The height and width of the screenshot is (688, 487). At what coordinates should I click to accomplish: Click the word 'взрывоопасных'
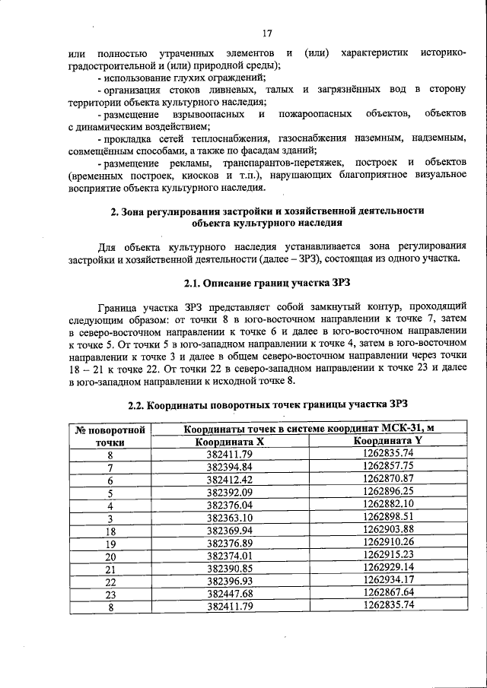tap(206, 113)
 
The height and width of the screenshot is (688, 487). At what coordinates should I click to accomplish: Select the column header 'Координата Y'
tap(387, 441)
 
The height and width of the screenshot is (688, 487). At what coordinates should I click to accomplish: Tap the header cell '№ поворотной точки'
tap(110, 435)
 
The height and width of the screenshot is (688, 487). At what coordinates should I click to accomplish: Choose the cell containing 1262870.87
tap(387, 479)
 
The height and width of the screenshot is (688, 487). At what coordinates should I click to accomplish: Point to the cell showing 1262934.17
tap(387, 580)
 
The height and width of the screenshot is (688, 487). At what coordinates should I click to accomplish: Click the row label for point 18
tap(110, 530)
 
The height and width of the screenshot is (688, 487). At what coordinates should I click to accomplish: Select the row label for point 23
tap(110, 593)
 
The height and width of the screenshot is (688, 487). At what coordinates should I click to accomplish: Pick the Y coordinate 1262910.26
tap(387, 542)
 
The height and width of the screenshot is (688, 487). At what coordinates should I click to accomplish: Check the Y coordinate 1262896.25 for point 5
tap(387, 492)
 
